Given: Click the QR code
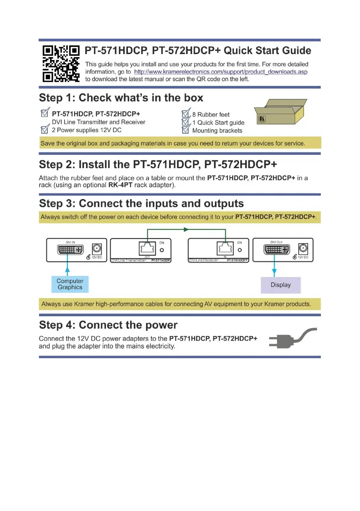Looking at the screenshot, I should tap(61, 63).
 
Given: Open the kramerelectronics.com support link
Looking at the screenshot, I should tap(221, 72).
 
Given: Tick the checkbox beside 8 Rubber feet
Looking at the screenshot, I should tap(186, 114).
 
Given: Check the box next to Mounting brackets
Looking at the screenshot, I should tap(186, 130).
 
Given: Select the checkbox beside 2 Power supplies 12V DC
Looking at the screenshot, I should tap(44, 130).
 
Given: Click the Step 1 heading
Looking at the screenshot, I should tap(121, 98).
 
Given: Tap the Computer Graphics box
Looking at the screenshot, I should tap(70, 284).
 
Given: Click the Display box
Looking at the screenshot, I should tap(281, 285).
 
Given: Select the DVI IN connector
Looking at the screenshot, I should tap(68, 250).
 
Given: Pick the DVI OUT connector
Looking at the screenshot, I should tap(275, 250).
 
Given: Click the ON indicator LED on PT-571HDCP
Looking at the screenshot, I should tap(162, 250).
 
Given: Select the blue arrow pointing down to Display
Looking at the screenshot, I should tap(274, 269).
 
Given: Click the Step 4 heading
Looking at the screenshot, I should tap(108, 325).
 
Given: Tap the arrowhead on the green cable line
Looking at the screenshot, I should tap(186, 230).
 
